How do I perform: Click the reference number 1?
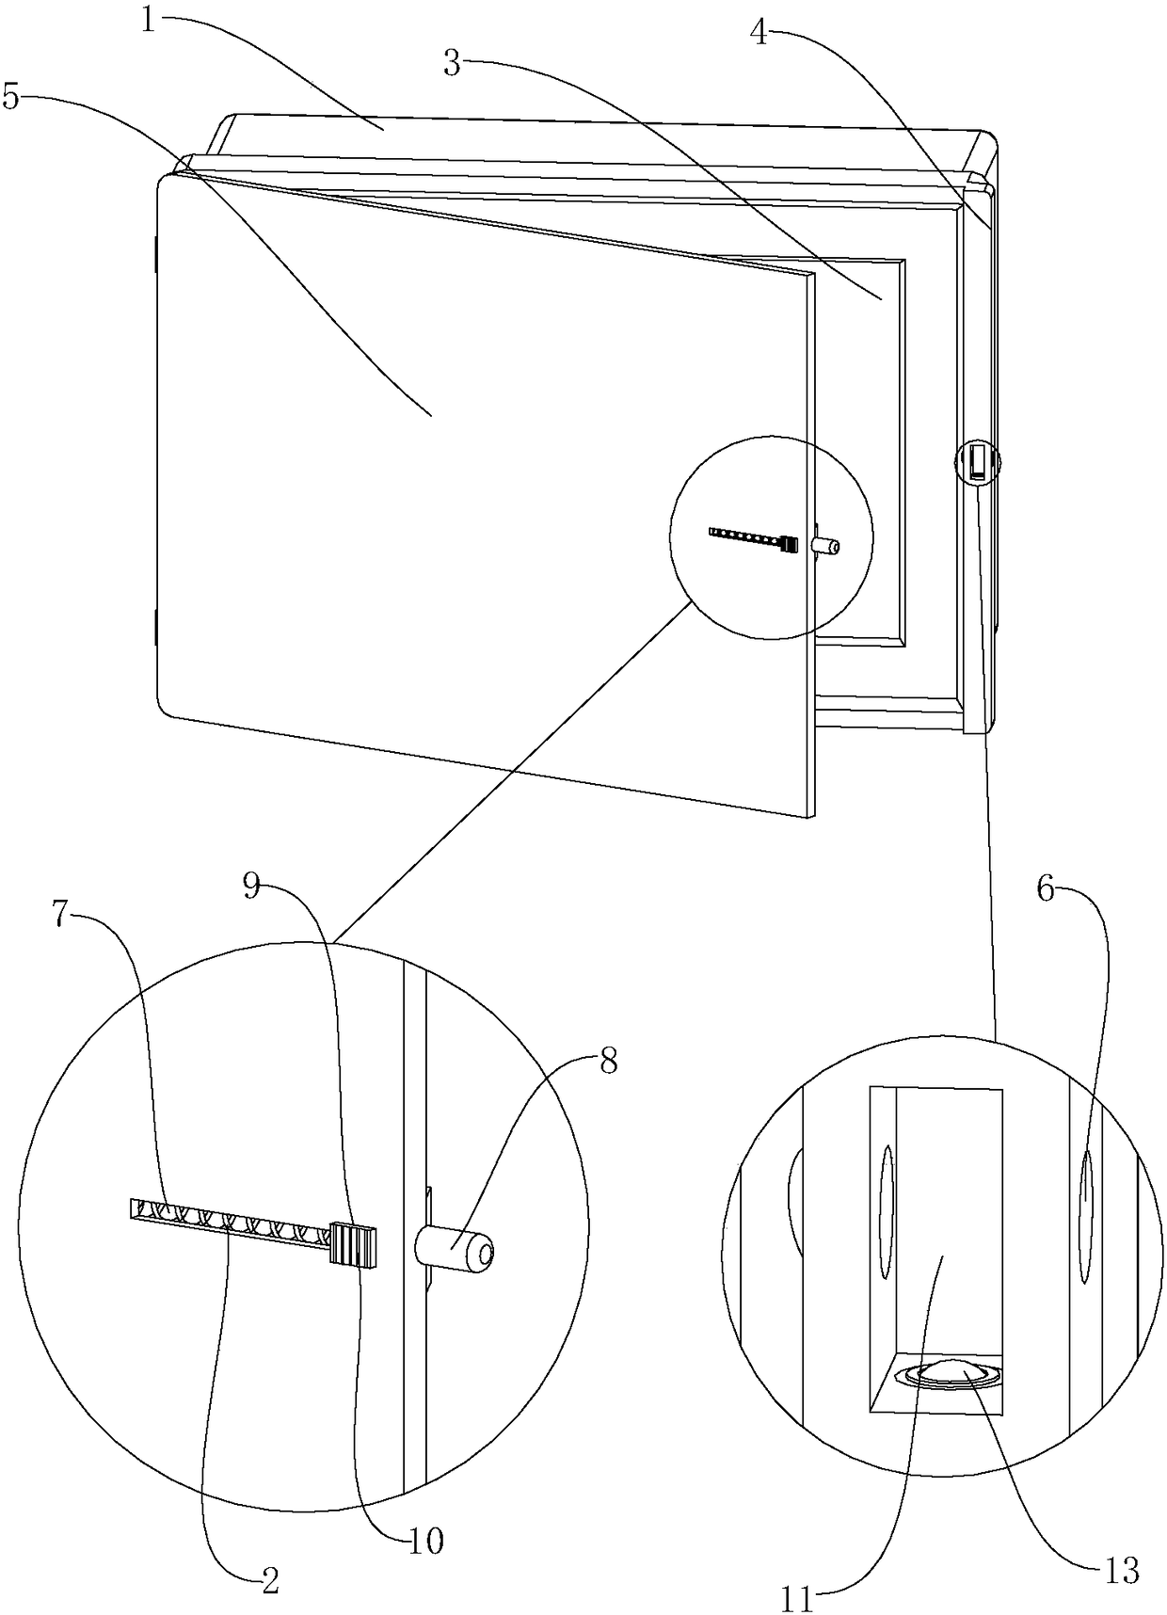(148, 20)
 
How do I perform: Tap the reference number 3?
(453, 65)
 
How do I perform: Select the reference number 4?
(759, 33)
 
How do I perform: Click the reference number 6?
(1046, 887)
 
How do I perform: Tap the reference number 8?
(608, 1062)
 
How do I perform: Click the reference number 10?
(426, 1541)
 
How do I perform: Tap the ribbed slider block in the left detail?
(353, 1245)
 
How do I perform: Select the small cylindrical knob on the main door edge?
(826, 545)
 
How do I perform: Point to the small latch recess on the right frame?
(978, 463)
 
